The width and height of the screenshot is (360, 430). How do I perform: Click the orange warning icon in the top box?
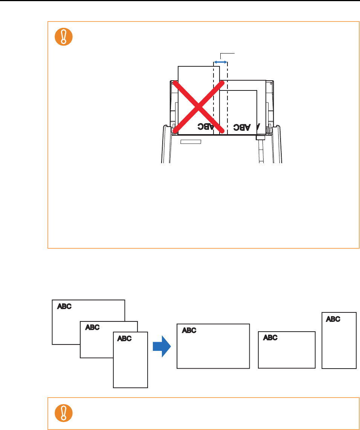pos(63,37)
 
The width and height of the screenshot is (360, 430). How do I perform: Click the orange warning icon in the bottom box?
pos(63,413)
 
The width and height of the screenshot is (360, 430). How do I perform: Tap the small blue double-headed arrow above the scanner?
pos(220,62)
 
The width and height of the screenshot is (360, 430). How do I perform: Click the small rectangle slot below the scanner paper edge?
pos(191,142)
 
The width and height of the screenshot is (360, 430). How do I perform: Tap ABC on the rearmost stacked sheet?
pos(64,306)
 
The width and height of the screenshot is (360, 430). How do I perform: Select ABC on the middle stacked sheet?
pos(92,327)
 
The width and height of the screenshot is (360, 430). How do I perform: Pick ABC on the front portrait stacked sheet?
pos(124,338)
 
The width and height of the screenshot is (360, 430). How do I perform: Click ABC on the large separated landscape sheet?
pos(189,330)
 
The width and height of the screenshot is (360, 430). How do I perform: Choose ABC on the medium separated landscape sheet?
pos(270,338)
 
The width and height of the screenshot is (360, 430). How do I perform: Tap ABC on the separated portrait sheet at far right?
pos(333,319)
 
